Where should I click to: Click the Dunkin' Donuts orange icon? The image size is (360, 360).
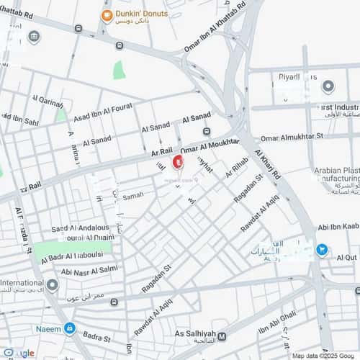point(107,16)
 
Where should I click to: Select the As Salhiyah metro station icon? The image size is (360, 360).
point(222,336)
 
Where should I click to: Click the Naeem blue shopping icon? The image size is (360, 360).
point(69,329)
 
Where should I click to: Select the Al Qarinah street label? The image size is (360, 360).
point(47,101)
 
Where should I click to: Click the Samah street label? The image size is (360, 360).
point(133,195)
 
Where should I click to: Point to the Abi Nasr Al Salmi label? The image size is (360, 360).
point(90,271)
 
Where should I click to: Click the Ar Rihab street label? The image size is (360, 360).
point(237,167)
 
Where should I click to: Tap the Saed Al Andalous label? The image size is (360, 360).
point(79,228)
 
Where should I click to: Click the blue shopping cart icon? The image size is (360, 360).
point(322,251)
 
